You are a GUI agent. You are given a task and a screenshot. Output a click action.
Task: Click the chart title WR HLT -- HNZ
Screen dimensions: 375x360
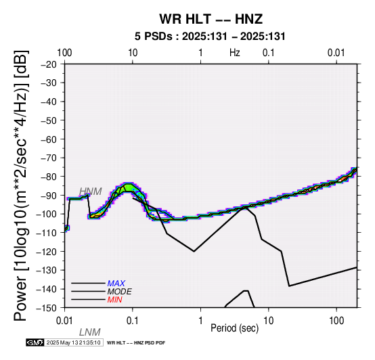coord(211,19)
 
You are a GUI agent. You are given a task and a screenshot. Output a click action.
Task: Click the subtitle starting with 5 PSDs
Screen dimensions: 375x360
coord(210,37)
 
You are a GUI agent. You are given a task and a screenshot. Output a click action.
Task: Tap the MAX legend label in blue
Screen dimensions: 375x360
coord(116,284)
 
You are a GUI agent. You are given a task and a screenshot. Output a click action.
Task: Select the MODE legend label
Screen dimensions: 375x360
coord(120,292)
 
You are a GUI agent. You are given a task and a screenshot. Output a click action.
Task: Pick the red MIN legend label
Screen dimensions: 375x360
coord(115,300)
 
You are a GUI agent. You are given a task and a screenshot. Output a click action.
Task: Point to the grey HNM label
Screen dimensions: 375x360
coord(91,192)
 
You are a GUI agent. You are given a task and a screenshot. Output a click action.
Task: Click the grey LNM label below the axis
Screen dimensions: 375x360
coord(89,332)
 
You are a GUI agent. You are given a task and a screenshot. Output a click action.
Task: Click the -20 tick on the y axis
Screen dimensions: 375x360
coord(49,64)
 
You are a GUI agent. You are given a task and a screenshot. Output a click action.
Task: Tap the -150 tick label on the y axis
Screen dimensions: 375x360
coord(47,308)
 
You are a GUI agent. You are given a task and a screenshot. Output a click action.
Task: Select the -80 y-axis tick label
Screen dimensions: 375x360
coord(49,177)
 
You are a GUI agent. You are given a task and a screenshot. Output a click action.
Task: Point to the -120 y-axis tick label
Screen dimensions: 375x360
coord(47,252)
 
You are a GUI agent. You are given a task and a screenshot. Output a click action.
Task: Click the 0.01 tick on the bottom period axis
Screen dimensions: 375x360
coord(64,321)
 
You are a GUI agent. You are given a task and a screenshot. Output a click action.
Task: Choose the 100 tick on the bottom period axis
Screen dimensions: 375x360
coord(336,321)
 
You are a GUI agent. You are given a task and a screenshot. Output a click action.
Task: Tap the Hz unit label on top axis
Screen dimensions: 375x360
coord(235,53)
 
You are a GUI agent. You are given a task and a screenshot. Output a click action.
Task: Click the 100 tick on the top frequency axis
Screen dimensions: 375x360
coord(64,53)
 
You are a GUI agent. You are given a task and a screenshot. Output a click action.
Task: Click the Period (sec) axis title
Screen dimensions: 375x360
coord(235,328)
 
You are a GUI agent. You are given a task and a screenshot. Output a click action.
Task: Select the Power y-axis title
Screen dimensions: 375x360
coord(20,185)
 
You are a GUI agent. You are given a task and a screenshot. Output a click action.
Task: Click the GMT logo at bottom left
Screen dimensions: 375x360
coord(35,342)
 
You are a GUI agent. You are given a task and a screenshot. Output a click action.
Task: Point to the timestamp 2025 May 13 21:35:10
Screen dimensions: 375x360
coord(73,342)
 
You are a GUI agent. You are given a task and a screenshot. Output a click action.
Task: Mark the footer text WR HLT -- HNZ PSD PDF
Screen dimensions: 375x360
coord(136,343)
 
